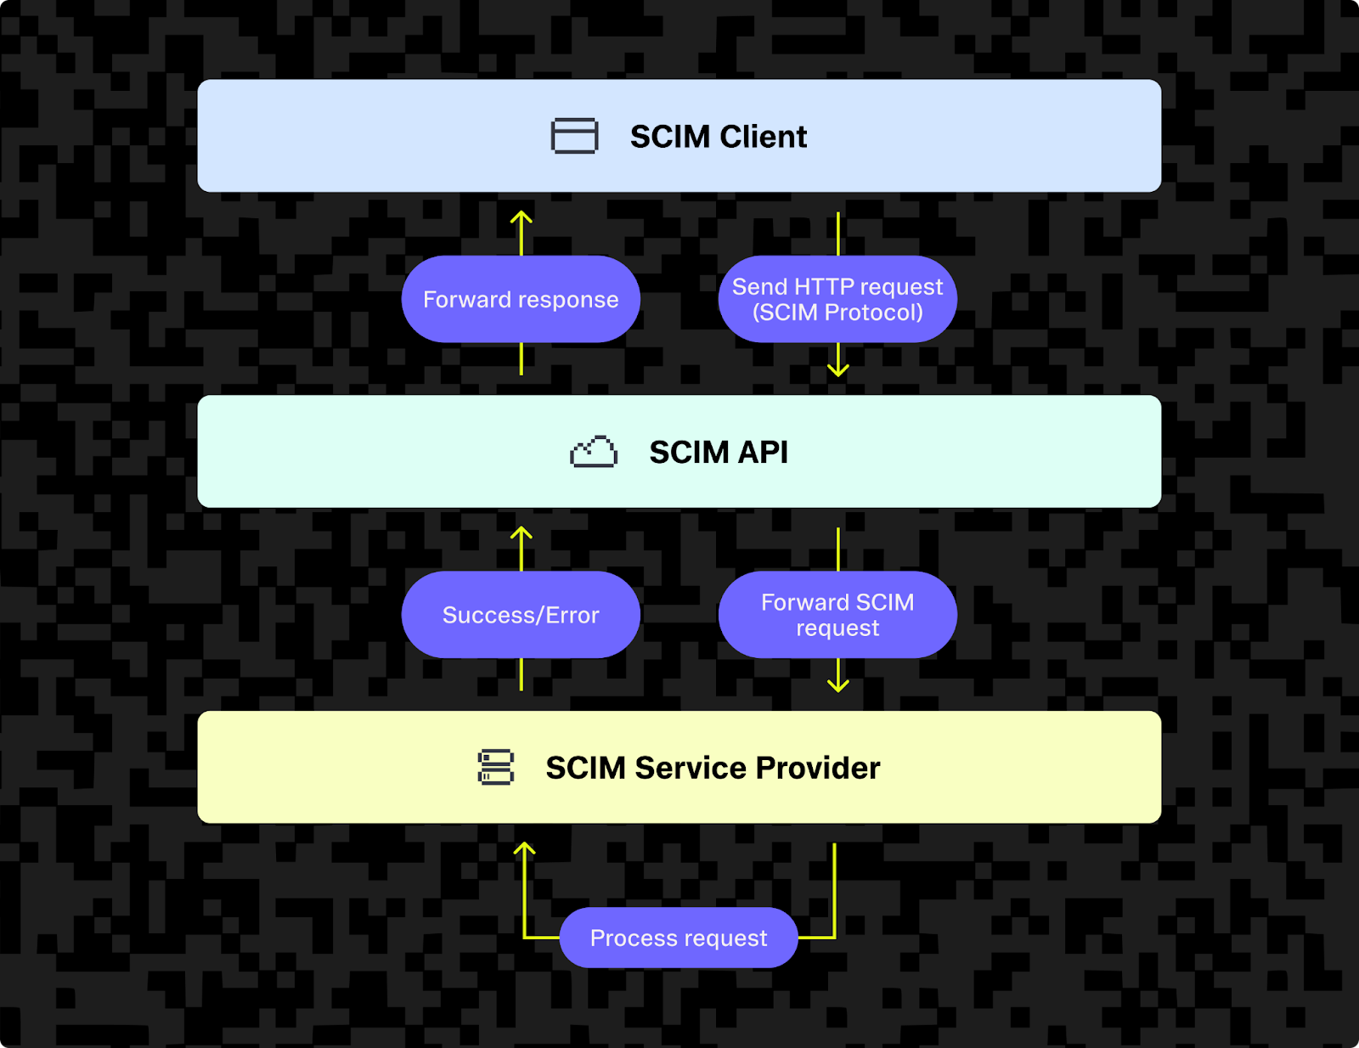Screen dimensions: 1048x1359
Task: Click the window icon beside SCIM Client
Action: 574,136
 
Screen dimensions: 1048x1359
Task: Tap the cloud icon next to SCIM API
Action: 594,452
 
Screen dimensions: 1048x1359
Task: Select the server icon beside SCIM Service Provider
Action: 496,767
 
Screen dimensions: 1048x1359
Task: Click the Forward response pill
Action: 521,299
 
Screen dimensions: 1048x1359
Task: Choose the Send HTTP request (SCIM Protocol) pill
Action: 837,299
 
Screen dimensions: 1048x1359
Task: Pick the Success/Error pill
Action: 521,615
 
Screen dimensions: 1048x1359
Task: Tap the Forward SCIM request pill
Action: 837,615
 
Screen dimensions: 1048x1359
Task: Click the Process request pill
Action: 679,938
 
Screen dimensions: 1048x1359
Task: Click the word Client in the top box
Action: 763,137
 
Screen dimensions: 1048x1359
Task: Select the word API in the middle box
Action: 762,453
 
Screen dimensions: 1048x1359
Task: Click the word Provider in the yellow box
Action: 818,768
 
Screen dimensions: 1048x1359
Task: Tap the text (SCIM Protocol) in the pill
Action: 837,313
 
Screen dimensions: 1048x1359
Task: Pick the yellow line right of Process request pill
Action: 833,892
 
